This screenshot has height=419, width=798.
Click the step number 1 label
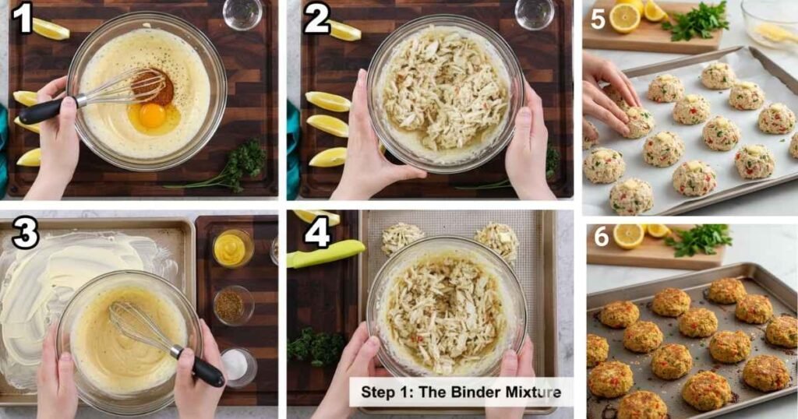pyautogui.click(x=22, y=18)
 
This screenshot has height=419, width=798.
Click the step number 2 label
pyautogui.click(x=316, y=18)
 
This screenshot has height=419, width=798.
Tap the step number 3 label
pyautogui.click(x=25, y=234)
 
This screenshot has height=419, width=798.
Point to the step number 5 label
pyautogui.click(x=598, y=18)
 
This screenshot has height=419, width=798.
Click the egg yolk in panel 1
pyautogui.click(x=152, y=115)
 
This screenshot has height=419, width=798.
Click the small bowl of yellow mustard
pyautogui.click(x=231, y=248)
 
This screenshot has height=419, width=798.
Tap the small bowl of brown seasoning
pyautogui.click(x=231, y=305)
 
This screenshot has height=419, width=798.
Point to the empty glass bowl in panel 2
pyautogui.click(x=535, y=12)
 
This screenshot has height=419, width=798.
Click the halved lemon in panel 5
pyautogui.click(x=625, y=18)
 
